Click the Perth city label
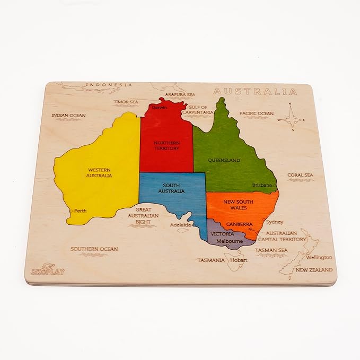click(80, 210)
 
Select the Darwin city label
click(159, 108)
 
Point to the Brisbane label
click(262, 185)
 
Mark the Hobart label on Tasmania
click(239, 260)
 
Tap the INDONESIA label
click(109, 85)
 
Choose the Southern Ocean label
click(94, 249)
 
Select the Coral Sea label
click(300, 174)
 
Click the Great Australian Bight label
click(143, 216)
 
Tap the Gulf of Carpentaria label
click(199, 110)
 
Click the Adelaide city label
click(180, 224)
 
